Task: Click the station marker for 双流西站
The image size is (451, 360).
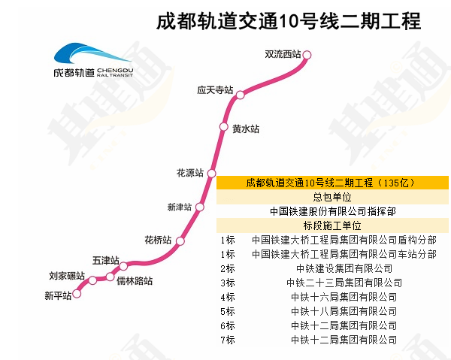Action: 307,54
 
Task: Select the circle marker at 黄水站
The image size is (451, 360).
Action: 223,126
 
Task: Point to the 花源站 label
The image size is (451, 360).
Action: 189,173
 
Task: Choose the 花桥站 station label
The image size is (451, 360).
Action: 158,240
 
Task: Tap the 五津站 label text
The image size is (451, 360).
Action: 106,260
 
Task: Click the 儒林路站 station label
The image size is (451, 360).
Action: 134,281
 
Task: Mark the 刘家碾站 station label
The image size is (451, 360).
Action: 67,276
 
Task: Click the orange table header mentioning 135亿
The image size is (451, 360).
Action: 331,183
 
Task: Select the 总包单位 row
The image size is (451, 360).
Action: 331,197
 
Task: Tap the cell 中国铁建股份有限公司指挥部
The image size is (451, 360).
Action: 331,211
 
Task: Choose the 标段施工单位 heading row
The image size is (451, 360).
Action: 331,225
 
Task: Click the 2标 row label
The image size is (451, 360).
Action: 228,268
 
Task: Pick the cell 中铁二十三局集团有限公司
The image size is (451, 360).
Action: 344,283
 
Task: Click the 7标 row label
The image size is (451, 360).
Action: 228,340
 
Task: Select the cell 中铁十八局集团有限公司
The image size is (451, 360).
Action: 344,311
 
